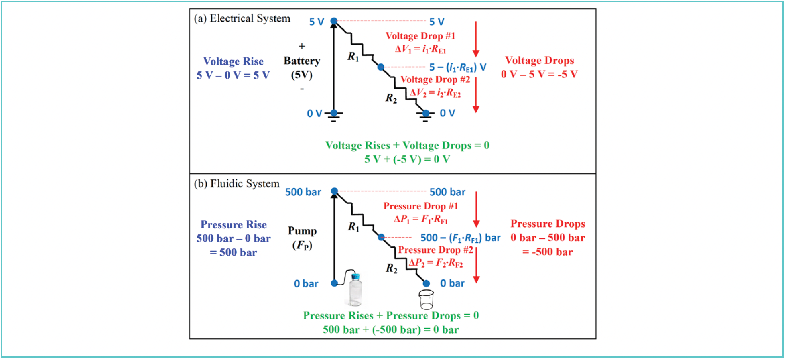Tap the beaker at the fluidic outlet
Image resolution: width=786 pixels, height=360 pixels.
pyautogui.click(x=426, y=299)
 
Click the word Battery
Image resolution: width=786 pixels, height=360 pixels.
pyautogui.click(x=302, y=61)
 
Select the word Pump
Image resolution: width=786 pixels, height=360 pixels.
pyautogui.click(x=302, y=231)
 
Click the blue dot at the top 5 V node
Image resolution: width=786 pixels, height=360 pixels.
pyautogui.click(x=334, y=21)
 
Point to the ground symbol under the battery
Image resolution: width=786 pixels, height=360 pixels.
pyautogui.click(x=334, y=117)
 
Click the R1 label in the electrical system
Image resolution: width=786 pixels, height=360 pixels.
pyautogui.click(x=353, y=57)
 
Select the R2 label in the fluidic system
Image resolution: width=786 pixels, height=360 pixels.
pyautogui.click(x=391, y=268)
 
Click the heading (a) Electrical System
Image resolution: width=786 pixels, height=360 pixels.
pyautogui.click(x=242, y=18)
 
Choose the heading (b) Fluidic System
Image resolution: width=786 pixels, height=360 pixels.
pyautogui.click(x=237, y=184)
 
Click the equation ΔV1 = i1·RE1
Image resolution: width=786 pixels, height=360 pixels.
pyautogui.click(x=420, y=49)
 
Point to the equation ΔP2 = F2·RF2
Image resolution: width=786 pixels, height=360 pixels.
pyautogui.click(x=436, y=263)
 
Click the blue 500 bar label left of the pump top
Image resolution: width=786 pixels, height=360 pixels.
pyautogui.click(x=303, y=192)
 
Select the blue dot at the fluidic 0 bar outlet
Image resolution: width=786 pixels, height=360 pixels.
pyautogui.click(x=426, y=283)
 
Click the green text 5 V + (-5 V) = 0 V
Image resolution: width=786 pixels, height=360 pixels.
pyautogui.click(x=407, y=159)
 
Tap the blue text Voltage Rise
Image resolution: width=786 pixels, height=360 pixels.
pyautogui.click(x=233, y=61)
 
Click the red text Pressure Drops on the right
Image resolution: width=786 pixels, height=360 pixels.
pyautogui.click(x=547, y=224)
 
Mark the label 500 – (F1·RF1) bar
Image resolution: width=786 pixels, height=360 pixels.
pyautogui.click(x=460, y=238)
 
